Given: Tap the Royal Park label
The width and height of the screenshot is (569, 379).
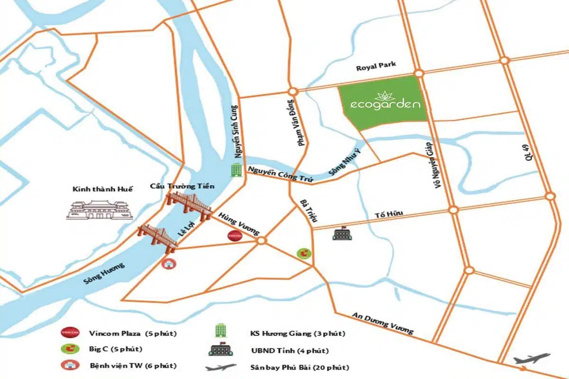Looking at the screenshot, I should [x=376, y=67].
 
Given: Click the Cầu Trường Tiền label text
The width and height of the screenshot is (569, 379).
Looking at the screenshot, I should [x=182, y=186].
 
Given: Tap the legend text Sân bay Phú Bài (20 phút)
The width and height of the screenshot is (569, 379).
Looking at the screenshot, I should [x=300, y=367].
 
